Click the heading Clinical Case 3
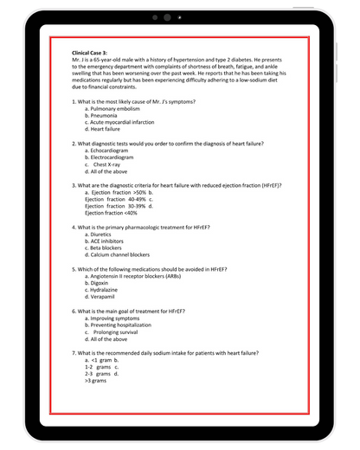[95, 53]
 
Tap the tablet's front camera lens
[167, 17]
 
